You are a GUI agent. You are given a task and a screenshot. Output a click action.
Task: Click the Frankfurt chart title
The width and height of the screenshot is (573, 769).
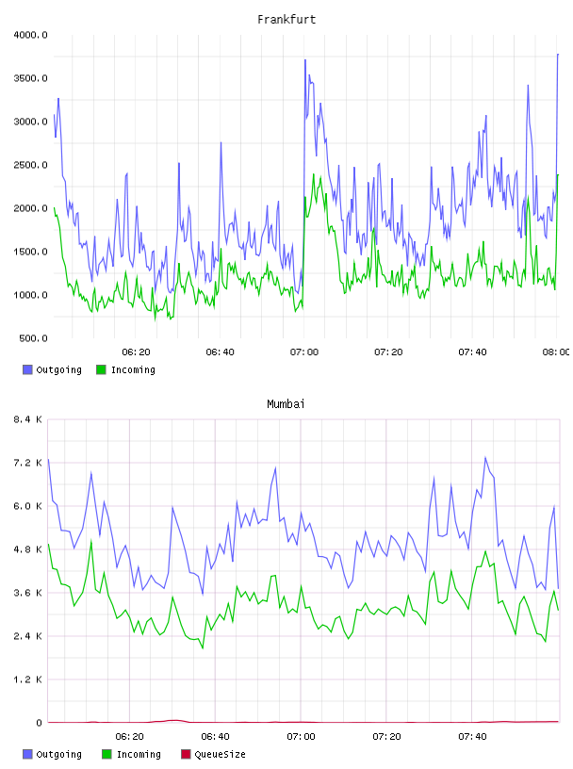click(x=286, y=20)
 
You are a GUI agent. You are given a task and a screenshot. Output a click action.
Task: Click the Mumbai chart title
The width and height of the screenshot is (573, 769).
click(x=286, y=404)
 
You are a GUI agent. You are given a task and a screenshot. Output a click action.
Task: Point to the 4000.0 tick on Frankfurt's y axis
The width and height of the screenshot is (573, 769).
click(x=30, y=35)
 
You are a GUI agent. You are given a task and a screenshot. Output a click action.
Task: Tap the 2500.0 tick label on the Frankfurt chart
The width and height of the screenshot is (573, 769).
click(x=30, y=165)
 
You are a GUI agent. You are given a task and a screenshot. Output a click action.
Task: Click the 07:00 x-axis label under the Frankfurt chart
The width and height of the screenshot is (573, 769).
click(x=304, y=352)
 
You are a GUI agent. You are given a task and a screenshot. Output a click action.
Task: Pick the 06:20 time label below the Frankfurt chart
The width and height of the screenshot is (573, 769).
click(x=136, y=352)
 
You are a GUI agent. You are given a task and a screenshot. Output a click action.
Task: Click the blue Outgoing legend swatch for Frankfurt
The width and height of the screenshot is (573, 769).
click(x=27, y=369)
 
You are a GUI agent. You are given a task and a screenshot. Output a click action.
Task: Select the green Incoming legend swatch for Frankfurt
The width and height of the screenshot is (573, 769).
click(x=101, y=369)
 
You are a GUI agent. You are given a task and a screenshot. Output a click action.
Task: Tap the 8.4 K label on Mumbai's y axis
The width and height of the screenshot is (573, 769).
click(x=27, y=419)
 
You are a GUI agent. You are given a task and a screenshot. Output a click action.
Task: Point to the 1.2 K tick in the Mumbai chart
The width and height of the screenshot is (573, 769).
click(x=27, y=679)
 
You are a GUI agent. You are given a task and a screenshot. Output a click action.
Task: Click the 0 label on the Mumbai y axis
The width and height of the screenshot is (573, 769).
click(x=39, y=723)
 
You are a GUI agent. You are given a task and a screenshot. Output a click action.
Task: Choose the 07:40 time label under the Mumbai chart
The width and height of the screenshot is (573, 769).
click(x=472, y=737)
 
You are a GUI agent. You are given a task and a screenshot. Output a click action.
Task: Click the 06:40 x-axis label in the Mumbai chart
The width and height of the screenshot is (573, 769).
click(x=216, y=737)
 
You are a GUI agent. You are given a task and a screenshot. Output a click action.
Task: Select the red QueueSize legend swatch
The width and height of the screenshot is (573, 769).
click(x=186, y=754)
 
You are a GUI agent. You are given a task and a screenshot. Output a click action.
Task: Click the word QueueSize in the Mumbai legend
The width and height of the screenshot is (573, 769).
click(x=220, y=754)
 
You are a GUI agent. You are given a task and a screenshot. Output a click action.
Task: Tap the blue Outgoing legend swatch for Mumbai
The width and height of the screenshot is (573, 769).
click(x=27, y=754)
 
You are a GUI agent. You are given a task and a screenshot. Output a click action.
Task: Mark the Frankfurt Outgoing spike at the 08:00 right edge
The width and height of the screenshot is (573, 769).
click(x=558, y=55)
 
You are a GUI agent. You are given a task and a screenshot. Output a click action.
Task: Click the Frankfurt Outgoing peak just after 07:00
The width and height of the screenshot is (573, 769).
click(x=305, y=59)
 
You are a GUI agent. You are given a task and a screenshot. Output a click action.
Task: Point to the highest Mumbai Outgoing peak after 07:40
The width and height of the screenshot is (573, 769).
click(x=485, y=457)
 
